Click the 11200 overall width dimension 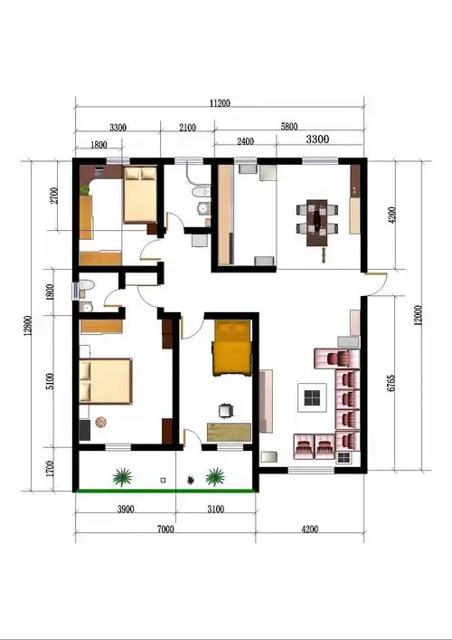220,103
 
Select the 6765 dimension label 391,383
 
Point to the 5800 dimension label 289,127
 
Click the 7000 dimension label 165,530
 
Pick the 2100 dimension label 187,128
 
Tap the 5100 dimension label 50,381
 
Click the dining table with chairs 317,223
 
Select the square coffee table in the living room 312,397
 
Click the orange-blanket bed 231,349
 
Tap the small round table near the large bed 100,422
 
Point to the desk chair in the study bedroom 226,411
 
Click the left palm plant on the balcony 122,477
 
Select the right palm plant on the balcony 215,477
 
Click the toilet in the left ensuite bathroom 87,284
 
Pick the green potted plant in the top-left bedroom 84,189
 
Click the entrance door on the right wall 376,283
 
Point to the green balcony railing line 165,491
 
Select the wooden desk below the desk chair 229,432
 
